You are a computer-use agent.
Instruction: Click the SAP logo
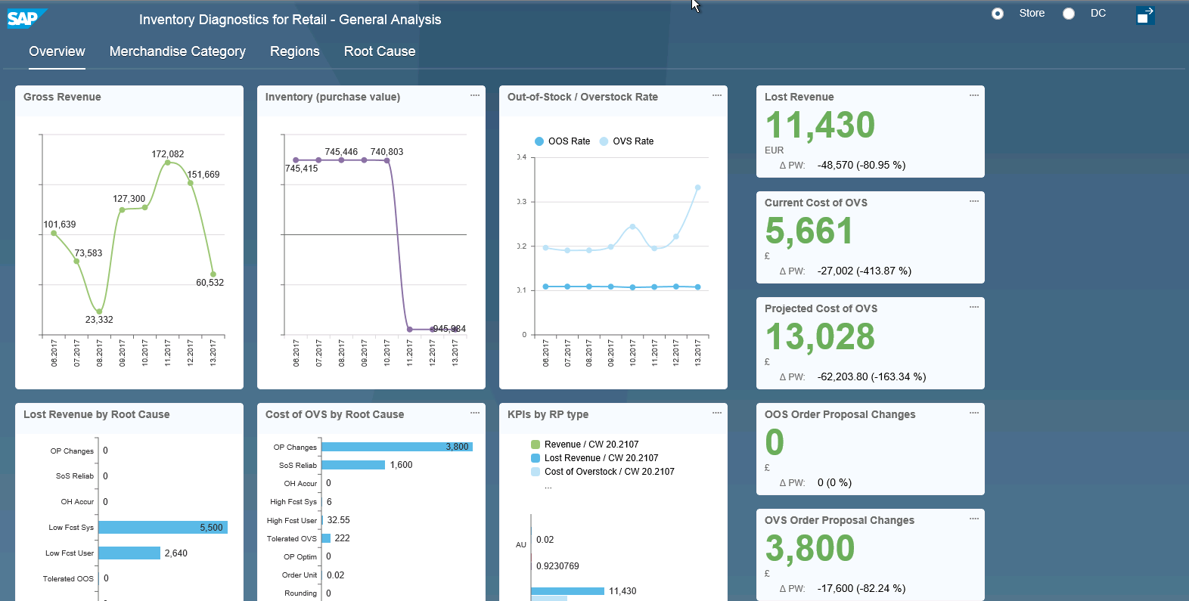coord(24,18)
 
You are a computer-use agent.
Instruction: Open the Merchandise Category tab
coord(177,51)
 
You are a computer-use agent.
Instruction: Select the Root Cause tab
coord(380,51)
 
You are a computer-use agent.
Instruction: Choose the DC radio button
coord(1069,14)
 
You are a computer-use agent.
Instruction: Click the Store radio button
coord(998,14)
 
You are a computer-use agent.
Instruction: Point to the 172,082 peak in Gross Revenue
coord(168,162)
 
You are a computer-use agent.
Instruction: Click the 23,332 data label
coord(99,320)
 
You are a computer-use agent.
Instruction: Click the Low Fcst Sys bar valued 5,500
coord(163,528)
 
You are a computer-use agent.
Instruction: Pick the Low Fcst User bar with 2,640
coord(129,553)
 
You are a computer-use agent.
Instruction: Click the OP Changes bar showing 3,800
coord(396,447)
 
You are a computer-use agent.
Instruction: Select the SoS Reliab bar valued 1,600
coord(353,465)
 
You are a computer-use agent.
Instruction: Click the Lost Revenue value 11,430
coord(820,125)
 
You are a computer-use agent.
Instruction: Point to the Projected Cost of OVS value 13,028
coord(820,336)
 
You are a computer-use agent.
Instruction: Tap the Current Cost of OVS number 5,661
coord(809,231)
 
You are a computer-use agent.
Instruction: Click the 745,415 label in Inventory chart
coord(301,169)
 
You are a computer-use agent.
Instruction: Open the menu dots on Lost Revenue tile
coord(974,95)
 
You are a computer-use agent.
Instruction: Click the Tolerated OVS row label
coord(291,539)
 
